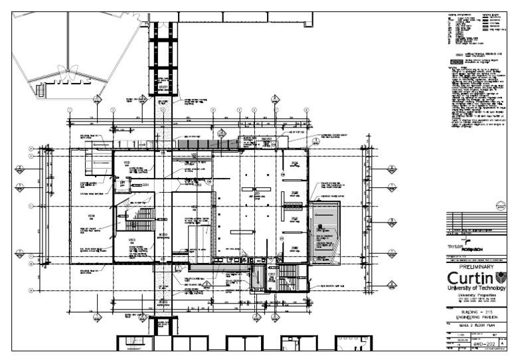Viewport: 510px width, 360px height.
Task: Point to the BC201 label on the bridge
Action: pos(162,87)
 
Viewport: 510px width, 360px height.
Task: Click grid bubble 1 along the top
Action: pos(69,110)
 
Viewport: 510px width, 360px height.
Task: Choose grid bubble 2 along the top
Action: pos(113,110)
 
